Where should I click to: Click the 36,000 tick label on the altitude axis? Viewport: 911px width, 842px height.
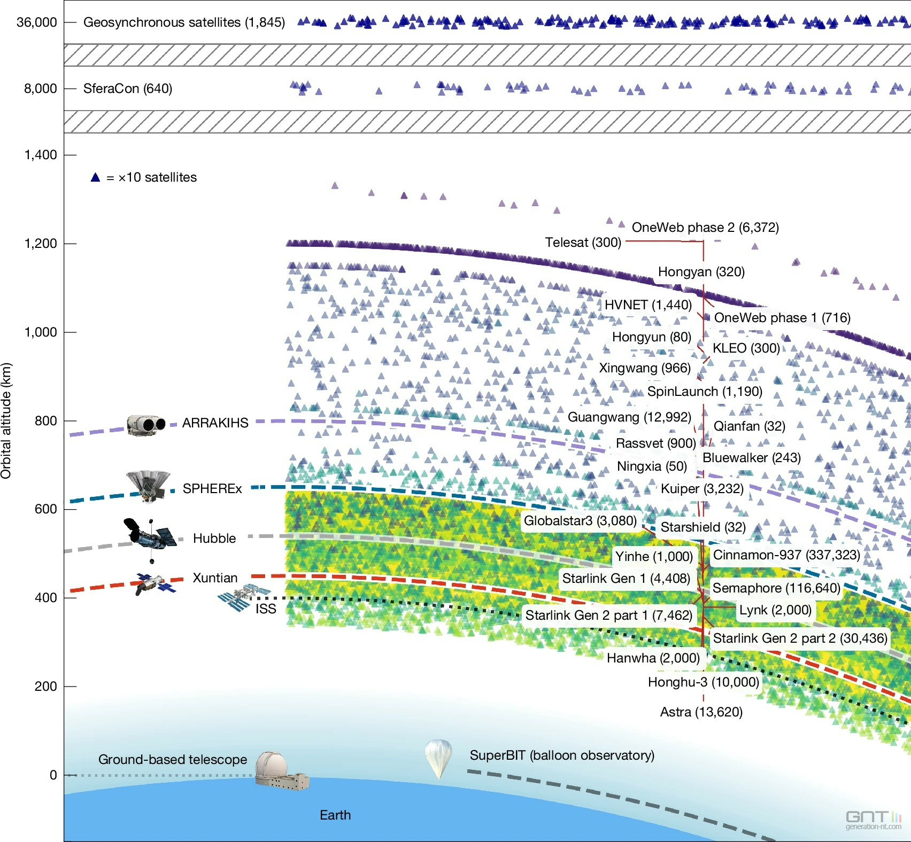click(36, 22)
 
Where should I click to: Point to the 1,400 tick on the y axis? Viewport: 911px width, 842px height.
click(41, 155)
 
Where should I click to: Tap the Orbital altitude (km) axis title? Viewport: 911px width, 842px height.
click(6, 421)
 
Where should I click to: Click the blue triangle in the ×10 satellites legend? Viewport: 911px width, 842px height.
click(95, 177)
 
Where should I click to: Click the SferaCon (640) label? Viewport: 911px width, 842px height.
click(127, 89)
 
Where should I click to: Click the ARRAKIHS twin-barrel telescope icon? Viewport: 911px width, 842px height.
click(145, 424)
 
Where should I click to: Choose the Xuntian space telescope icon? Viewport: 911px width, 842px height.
click(155, 583)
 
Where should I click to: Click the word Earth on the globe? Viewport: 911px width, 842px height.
click(335, 815)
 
